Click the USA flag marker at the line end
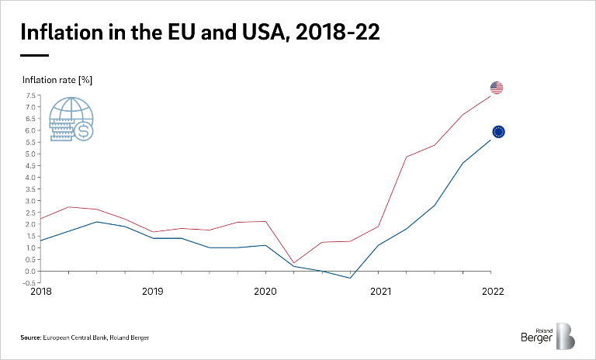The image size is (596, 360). (x=497, y=88)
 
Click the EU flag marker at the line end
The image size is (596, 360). (x=498, y=132)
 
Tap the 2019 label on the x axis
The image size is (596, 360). (x=152, y=292)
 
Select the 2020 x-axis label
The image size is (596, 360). (x=265, y=292)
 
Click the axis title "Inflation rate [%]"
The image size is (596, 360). (x=57, y=79)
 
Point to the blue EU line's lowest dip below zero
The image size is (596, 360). (x=350, y=278)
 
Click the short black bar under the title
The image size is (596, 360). (x=34, y=55)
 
